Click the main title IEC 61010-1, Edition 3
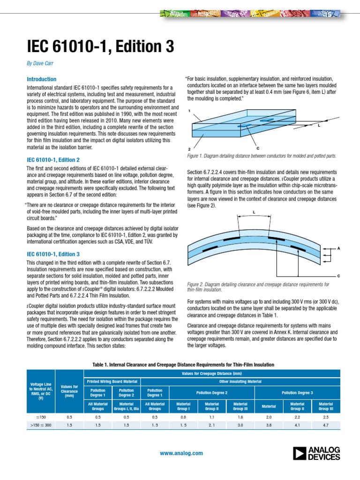(100, 46)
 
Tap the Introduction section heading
(42, 79)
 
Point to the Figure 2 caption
(258, 287)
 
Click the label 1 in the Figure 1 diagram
(189, 111)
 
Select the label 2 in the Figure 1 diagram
(189, 149)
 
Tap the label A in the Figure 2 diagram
(337, 249)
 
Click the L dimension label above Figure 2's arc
(254, 212)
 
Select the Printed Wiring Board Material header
(112, 381)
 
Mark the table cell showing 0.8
(183, 416)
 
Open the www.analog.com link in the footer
(181, 453)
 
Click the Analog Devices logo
(316, 453)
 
